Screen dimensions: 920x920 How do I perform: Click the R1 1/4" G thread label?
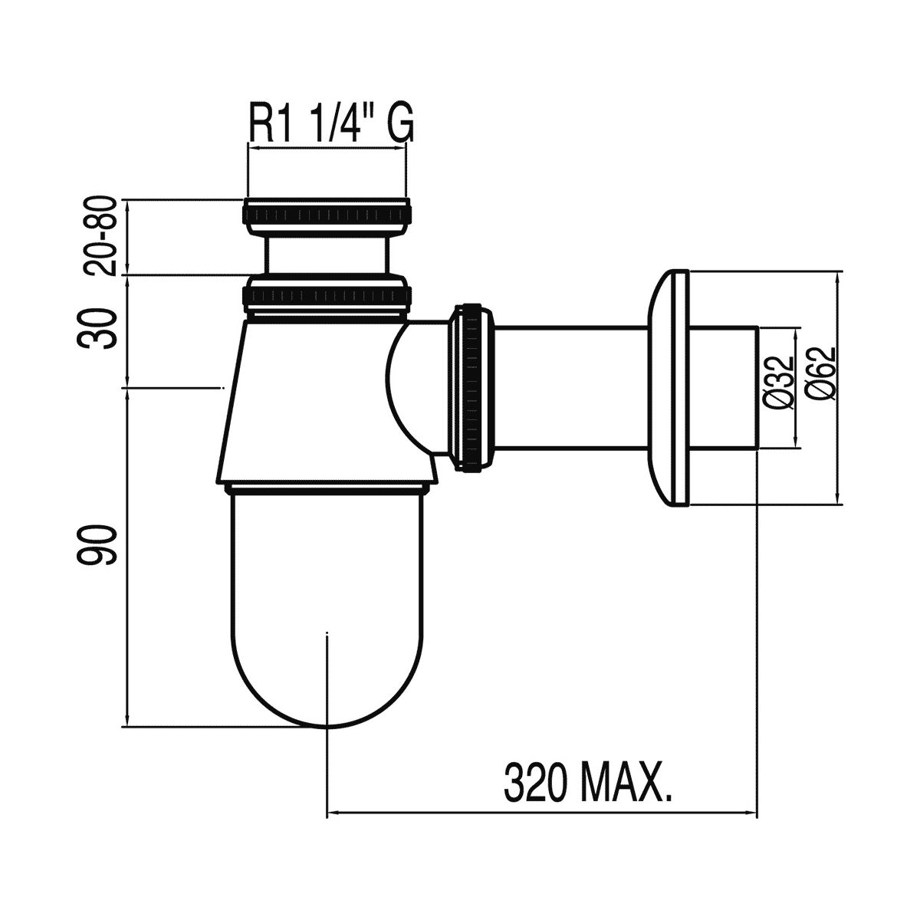pos(331,125)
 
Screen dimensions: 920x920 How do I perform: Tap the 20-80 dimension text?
pos(100,236)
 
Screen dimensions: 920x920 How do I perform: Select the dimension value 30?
pos(97,329)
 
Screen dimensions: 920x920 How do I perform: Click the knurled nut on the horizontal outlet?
pos(473,387)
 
